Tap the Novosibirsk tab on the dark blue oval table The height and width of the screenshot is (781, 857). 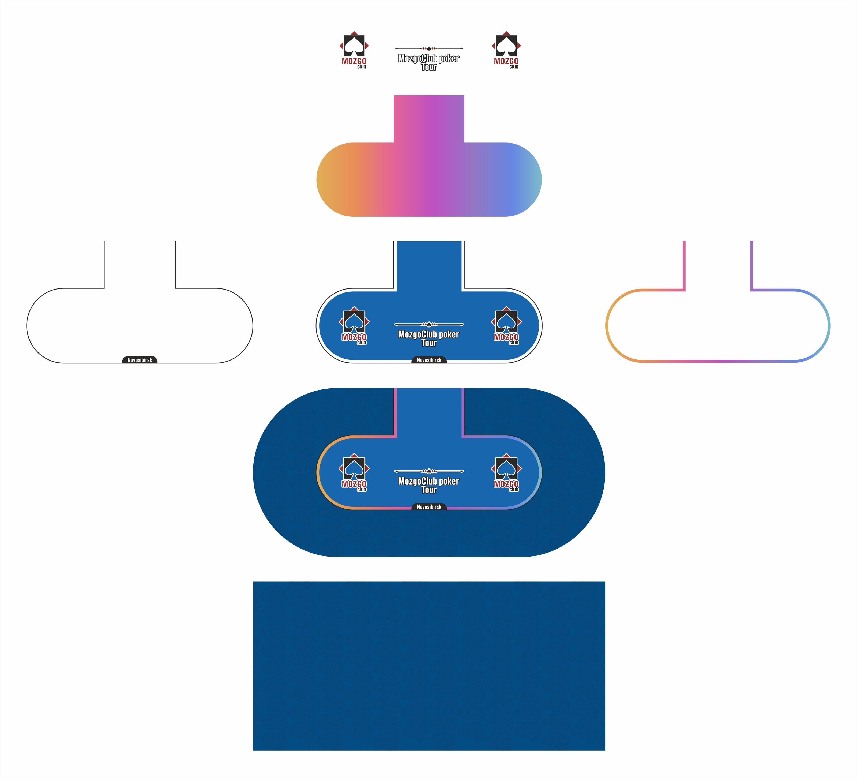point(429,507)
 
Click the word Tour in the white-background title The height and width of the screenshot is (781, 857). point(429,67)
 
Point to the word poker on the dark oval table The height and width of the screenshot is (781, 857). point(449,481)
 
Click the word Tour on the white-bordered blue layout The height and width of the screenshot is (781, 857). point(429,343)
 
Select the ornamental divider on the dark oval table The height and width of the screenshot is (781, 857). point(429,471)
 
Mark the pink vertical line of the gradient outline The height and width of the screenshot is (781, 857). point(684,266)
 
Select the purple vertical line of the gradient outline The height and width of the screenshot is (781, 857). point(751,266)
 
